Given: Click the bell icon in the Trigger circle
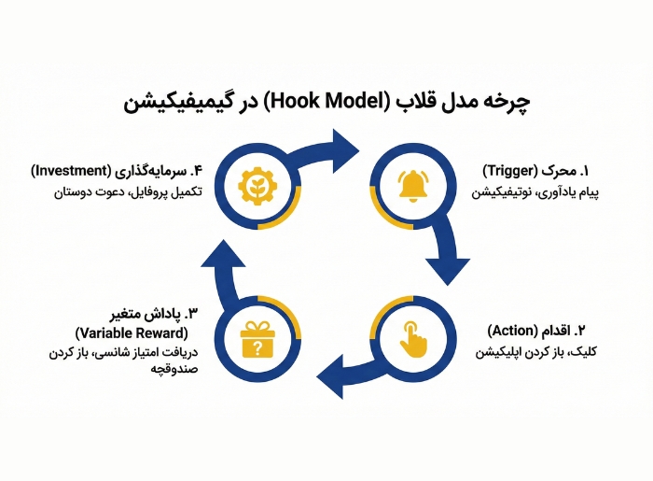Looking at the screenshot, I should [x=411, y=185].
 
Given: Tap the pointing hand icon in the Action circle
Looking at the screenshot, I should [x=411, y=337].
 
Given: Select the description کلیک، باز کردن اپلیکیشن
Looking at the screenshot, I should [x=531, y=352].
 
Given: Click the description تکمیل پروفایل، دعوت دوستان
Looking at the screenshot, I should [x=113, y=192].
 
